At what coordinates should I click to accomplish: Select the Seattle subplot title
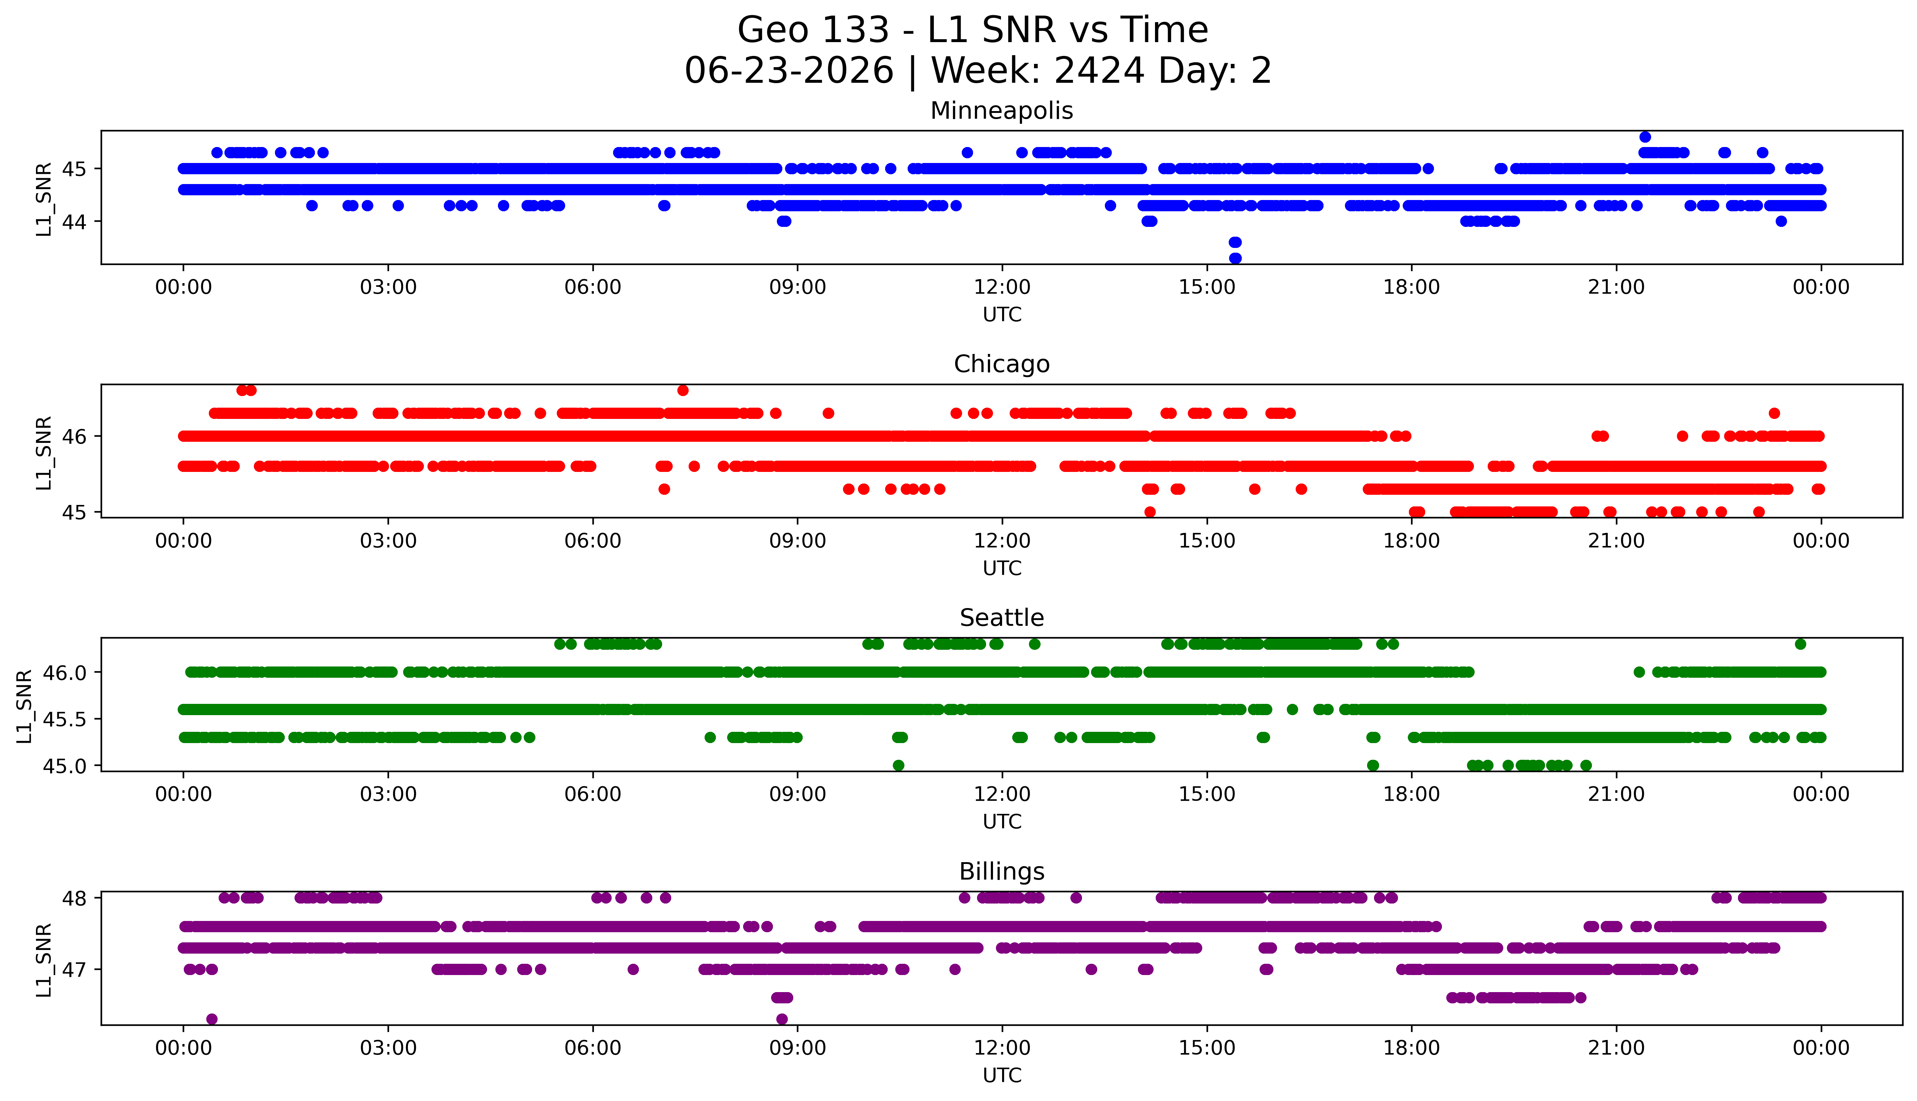(x=1002, y=618)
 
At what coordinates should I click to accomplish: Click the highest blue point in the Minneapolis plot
(x=1645, y=137)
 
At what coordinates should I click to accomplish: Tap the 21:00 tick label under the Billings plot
(x=1616, y=1048)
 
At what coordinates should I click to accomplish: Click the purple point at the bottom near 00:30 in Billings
(x=212, y=1019)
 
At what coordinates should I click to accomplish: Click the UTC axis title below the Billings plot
(x=1002, y=1075)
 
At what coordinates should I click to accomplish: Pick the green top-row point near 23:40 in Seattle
(x=1800, y=644)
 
